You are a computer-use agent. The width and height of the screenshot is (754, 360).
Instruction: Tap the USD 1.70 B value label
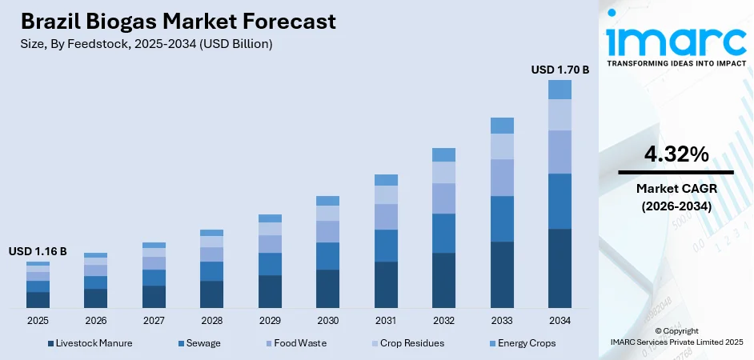(559, 70)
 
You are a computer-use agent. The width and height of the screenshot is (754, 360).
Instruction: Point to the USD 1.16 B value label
(38, 251)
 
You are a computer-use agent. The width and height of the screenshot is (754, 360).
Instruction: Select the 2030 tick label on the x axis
(327, 320)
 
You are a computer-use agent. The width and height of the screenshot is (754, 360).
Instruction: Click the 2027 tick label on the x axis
(154, 320)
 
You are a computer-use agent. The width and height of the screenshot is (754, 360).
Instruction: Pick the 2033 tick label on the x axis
(502, 320)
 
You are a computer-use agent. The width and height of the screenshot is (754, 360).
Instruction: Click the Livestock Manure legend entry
(90, 343)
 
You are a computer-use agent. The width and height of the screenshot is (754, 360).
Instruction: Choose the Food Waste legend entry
(295, 343)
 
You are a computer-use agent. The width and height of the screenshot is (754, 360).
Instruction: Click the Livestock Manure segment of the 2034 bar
(559, 268)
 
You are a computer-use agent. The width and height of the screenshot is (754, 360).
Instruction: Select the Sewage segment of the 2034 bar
(559, 201)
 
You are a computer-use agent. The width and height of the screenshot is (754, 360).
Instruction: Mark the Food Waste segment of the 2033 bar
(502, 177)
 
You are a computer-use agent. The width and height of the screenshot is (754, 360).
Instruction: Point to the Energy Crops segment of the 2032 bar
(443, 154)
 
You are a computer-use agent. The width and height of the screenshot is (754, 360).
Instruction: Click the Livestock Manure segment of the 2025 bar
(38, 300)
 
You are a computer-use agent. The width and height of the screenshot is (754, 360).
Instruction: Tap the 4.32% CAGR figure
(676, 155)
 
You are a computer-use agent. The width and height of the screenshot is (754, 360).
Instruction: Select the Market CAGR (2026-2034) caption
(676, 197)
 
